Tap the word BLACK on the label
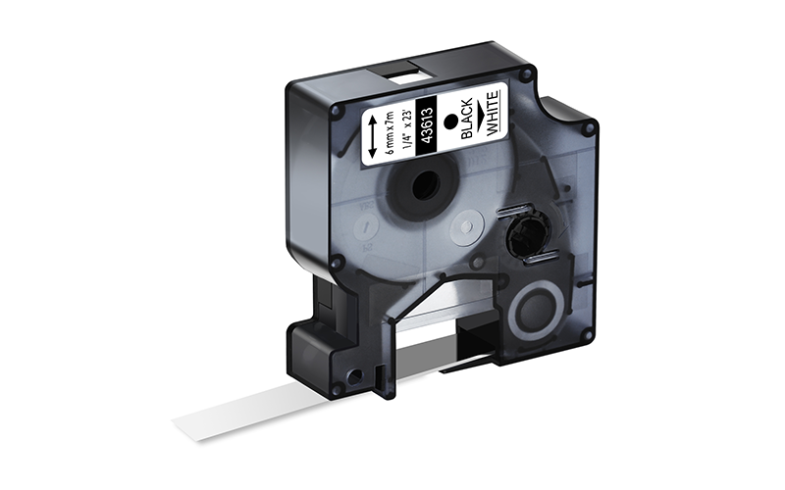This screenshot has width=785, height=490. [467, 119]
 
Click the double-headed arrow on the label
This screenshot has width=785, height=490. [374, 136]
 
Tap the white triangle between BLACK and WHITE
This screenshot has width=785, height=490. [480, 116]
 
